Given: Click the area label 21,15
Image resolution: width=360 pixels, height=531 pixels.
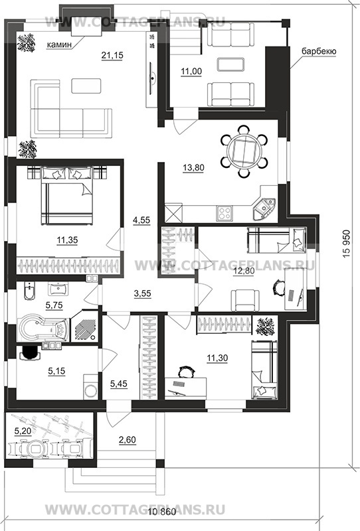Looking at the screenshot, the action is pos(112,55).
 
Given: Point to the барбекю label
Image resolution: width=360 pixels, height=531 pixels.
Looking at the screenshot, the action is pos(319,52).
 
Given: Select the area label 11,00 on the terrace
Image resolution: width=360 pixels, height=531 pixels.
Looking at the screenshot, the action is pos(191,72).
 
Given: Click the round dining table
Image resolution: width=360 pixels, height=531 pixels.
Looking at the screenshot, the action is pos(244,152).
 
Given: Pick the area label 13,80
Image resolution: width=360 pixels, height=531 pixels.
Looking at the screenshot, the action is pos(193,168).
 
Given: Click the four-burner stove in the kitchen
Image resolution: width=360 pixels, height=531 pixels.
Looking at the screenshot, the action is pos(225,213).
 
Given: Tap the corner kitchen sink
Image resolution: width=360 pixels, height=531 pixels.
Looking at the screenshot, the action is pos(264,207).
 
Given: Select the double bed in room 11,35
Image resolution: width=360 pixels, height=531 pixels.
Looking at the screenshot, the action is pos(67,195).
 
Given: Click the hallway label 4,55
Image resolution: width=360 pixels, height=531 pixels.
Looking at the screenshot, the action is pos(141,220).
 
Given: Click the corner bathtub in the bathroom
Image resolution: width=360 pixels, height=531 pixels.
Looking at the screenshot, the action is pos(43,328).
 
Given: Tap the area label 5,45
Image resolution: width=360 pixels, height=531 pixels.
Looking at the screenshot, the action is pos(119,384).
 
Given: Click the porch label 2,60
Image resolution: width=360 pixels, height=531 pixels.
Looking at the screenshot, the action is pos(128,440).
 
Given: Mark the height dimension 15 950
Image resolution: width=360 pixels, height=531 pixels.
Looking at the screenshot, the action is pos(346,244).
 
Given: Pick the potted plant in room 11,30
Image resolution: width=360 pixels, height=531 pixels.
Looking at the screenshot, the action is pos(266,326).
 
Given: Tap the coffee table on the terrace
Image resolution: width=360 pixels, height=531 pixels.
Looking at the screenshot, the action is pos(230,64).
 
